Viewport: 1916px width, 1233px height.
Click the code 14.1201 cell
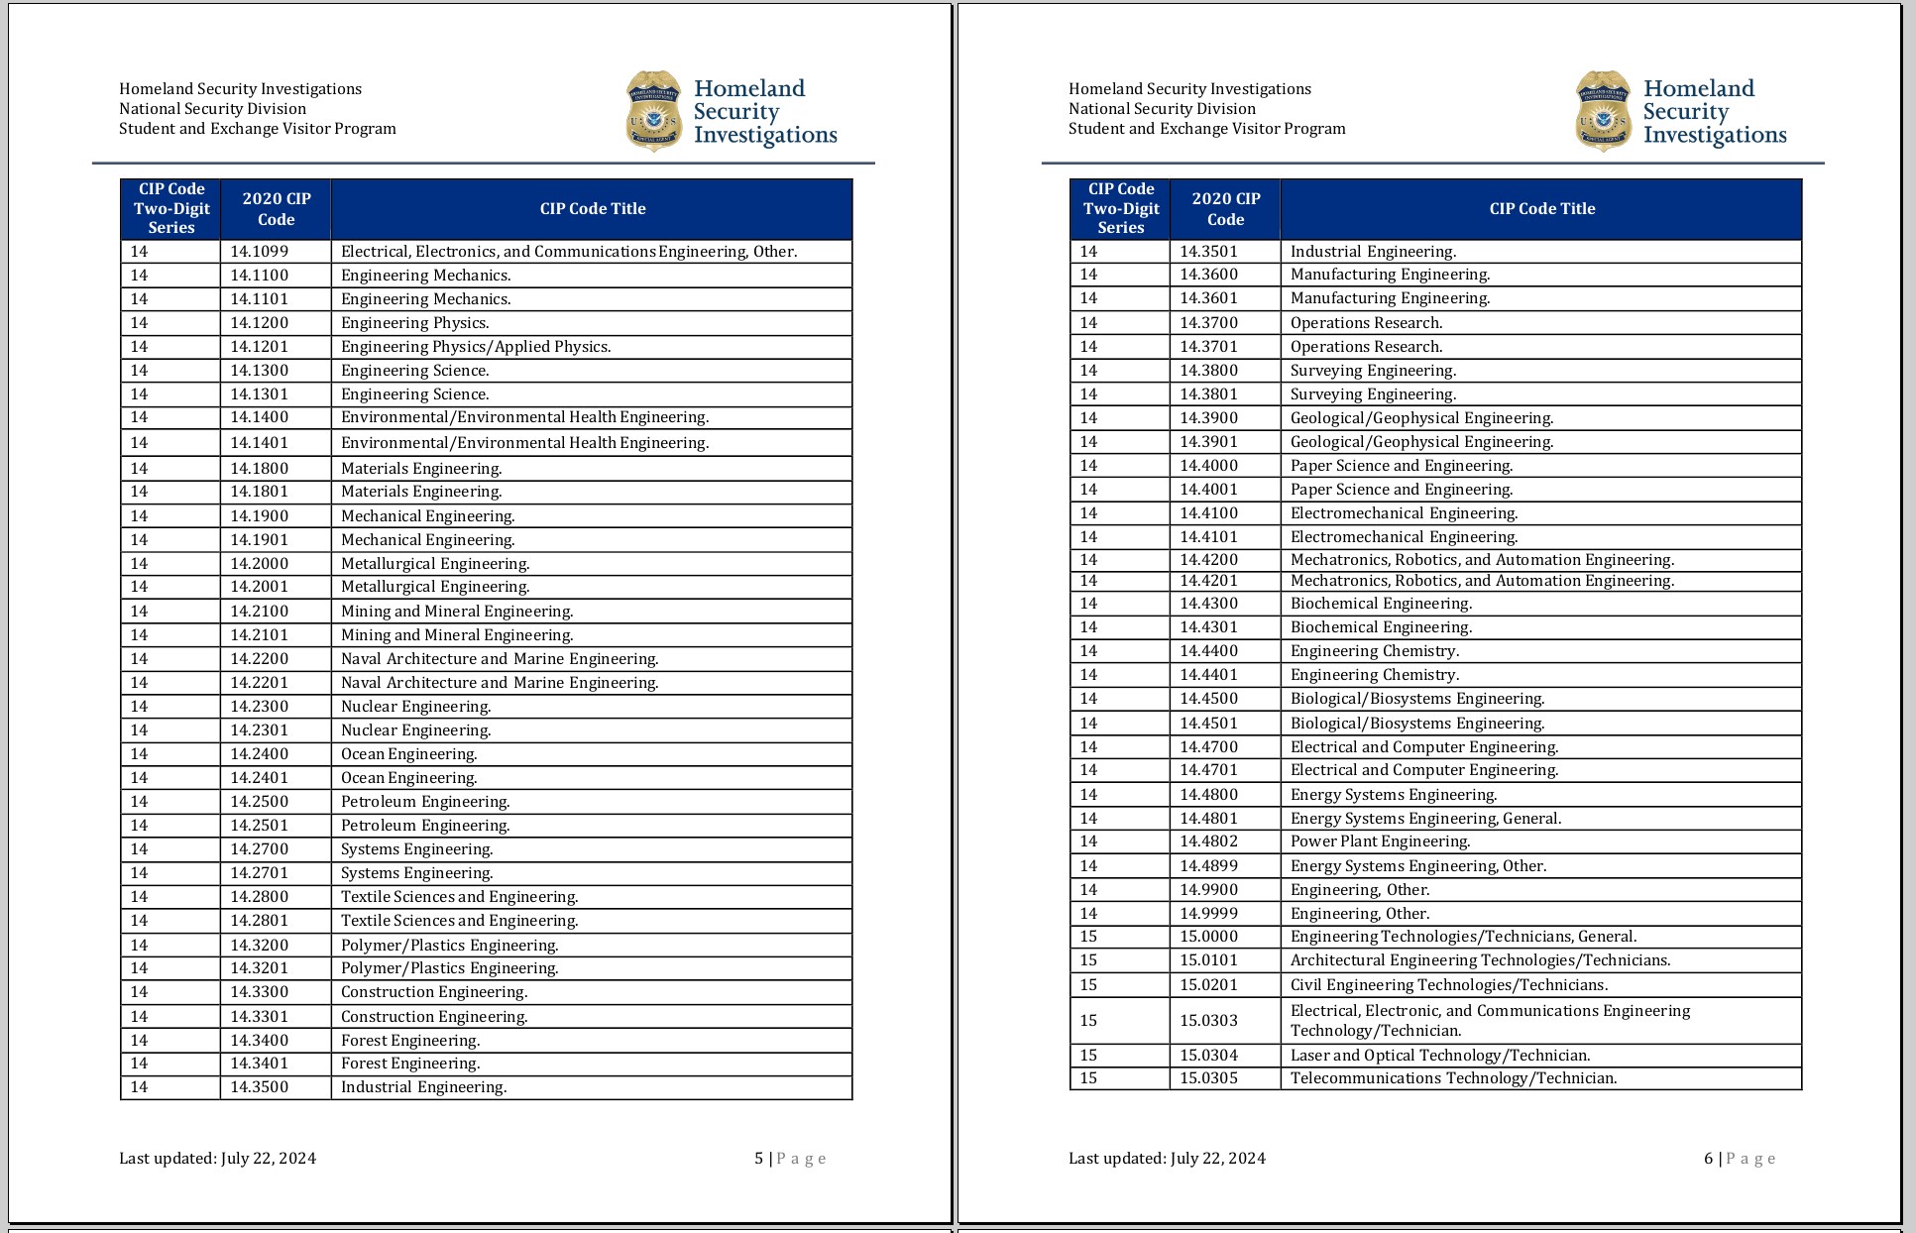pyautogui.click(x=260, y=347)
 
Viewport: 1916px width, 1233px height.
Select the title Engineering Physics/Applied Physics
pyautogui.click(x=476, y=347)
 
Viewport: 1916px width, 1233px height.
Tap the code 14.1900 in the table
pyautogui.click(x=260, y=516)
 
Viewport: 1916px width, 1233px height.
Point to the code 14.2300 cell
pyautogui.click(x=260, y=707)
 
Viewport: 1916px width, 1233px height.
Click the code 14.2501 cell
pyautogui.click(x=260, y=826)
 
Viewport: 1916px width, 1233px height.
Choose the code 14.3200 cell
pyautogui.click(x=260, y=946)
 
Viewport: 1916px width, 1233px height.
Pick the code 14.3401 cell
pyautogui.click(x=260, y=1064)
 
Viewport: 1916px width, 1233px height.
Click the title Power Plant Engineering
pyautogui.click(x=1380, y=841)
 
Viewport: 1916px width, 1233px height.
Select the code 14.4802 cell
pyautogui.click(x=1209, y=841)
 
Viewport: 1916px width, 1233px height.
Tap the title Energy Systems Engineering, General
pyautogui.click(x=1425, y=819)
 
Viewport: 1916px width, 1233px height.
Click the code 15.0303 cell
pyautogui.click(x=1209, y=1021)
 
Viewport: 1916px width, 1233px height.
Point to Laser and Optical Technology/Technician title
pyautogui.click(x=1440, y=1056)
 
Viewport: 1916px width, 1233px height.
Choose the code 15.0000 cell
pyautogui.click(x=1209, y=937)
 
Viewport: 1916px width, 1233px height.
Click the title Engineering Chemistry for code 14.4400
pyautogui.click(x=1375, y=651)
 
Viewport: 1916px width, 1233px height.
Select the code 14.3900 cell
pyautogui.click(x=1209, y=418)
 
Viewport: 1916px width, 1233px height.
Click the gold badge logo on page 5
pyautogui.click(x=654, y=111)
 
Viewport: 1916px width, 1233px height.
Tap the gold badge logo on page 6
pyautogui.click(x=1604, y=111)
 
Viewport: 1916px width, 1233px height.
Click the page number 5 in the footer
pyautogui.click(x=759, y=1159)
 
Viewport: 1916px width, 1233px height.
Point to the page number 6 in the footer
pyautogui.click(x=1709, y=1159)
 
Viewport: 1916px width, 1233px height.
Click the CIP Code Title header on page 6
pyautogui.click(x=1542, y=209)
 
